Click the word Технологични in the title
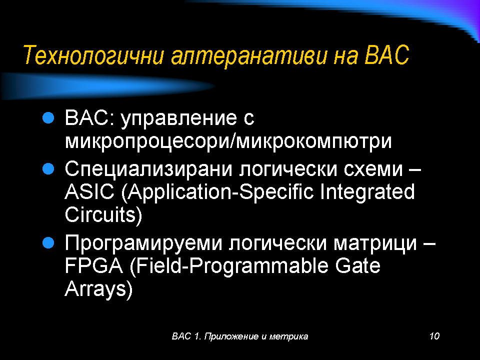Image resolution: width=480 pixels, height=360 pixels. pos(93,55)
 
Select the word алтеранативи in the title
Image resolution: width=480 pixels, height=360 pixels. pos(249,55)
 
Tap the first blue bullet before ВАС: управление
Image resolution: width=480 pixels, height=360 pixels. pos(48,117)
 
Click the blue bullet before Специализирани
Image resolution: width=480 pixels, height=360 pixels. pos(48,168)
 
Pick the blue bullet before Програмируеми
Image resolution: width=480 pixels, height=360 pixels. pos(48,243)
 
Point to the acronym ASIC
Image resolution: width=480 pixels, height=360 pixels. pos(89,191)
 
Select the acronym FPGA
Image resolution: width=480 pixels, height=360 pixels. pos(94,265)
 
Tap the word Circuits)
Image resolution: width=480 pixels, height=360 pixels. pos(103,215)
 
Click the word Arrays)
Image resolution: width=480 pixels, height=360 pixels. pos(98,289)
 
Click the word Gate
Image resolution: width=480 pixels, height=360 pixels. pos(357,265)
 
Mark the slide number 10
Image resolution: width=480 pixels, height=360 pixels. pos(434,336)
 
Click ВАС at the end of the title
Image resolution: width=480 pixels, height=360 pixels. pos(386,55)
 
